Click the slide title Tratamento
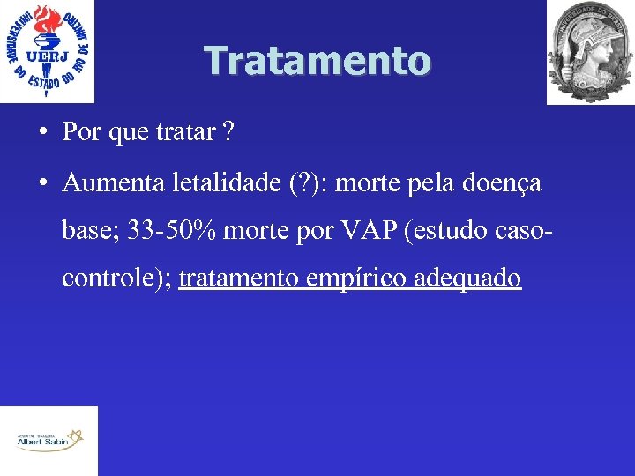pos(317,61)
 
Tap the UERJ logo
pos(48,50)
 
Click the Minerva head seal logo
pos(590,52)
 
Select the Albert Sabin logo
pos(49,440)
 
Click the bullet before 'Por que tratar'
pos(42,133)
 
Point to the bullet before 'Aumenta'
pos(42,184)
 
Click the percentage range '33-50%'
pos(172,231)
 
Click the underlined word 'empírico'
pos(347,279)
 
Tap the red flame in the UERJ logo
pos(46,19)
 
